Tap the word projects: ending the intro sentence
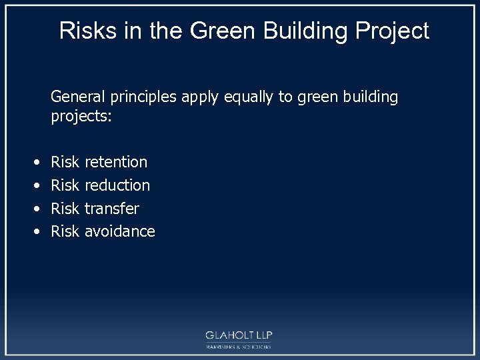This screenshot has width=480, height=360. (81, 117)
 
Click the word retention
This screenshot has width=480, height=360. (116, 162)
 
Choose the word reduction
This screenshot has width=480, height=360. (117, 185)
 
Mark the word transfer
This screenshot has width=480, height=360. (112, 209)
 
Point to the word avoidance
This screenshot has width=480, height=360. (120, 232)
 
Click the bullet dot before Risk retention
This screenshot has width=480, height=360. (35, 163)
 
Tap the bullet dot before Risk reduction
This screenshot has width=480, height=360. (35, 186)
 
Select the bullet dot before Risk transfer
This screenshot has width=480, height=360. (35, 209)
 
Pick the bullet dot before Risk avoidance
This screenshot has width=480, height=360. (35, 233)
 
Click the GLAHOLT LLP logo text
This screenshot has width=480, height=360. (239, 335)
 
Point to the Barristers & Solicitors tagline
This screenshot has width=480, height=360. (239, 347)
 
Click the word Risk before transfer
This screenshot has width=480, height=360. (65, 209)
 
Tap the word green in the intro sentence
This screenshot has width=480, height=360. (317, 97)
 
